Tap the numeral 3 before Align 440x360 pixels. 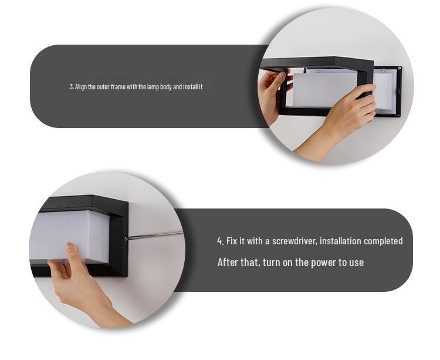[x=71, y=87]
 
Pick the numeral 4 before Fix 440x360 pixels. [x=219, y=241]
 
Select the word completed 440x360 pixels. [x=383, y=241]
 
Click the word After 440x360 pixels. [x=228, y=263]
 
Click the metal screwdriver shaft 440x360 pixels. [x=156, y=236]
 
